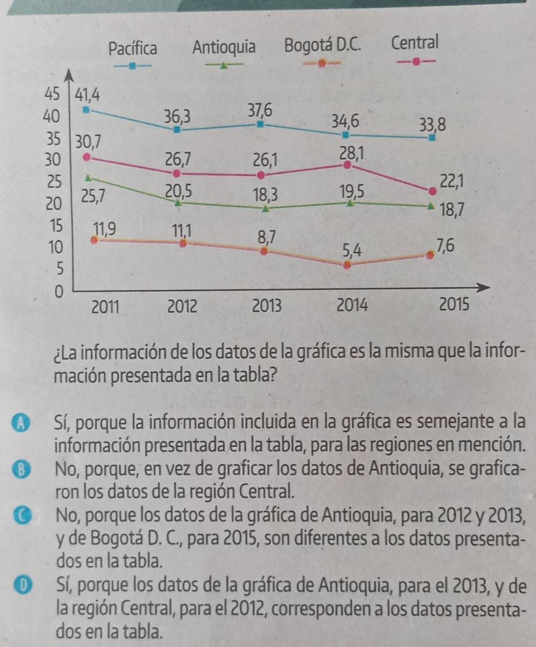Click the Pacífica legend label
tap(133, 48)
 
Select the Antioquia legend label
tap(224, 47)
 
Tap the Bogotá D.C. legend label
tap(322, 45)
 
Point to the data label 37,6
tap(260, 109)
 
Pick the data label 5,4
tap(352, 250)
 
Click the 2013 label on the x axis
tap(267, 305)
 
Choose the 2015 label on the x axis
tap(454, 304)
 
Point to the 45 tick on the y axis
tap(52, 93)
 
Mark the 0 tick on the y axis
tap(59, 291)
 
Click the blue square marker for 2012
tap(176, 129)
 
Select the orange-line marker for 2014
tap(348, 264)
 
